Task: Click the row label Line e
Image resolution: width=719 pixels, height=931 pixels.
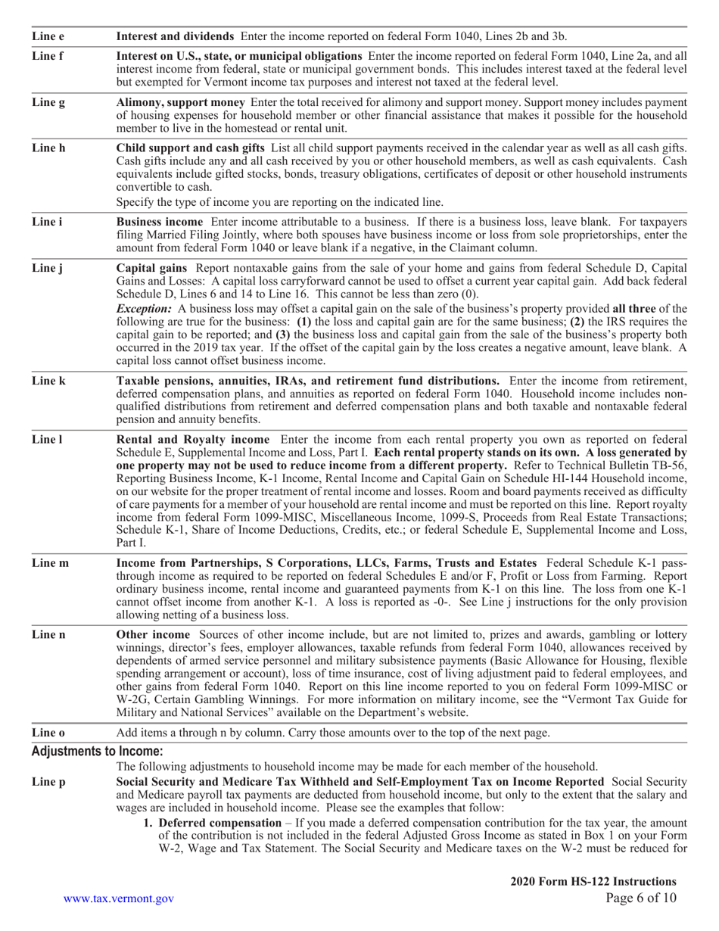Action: pyautogui.click(x=48, y=36)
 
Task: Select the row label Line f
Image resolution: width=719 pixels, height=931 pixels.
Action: pyautogui.click(x=47, y=55)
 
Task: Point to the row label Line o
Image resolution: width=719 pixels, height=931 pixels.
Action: pyautogui.click(x=48, y=733)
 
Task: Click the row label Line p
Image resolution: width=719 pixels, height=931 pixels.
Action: pyautogui.click(x=48, y=780)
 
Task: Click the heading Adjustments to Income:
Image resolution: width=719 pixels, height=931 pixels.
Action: pyautogui.click(x=97, y=752)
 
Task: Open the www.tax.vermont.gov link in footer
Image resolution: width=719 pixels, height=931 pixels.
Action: pyautogui.click(x=119, y=898)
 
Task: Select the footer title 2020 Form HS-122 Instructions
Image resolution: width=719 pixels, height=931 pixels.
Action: pyautogui.click(x=593, y=881)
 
